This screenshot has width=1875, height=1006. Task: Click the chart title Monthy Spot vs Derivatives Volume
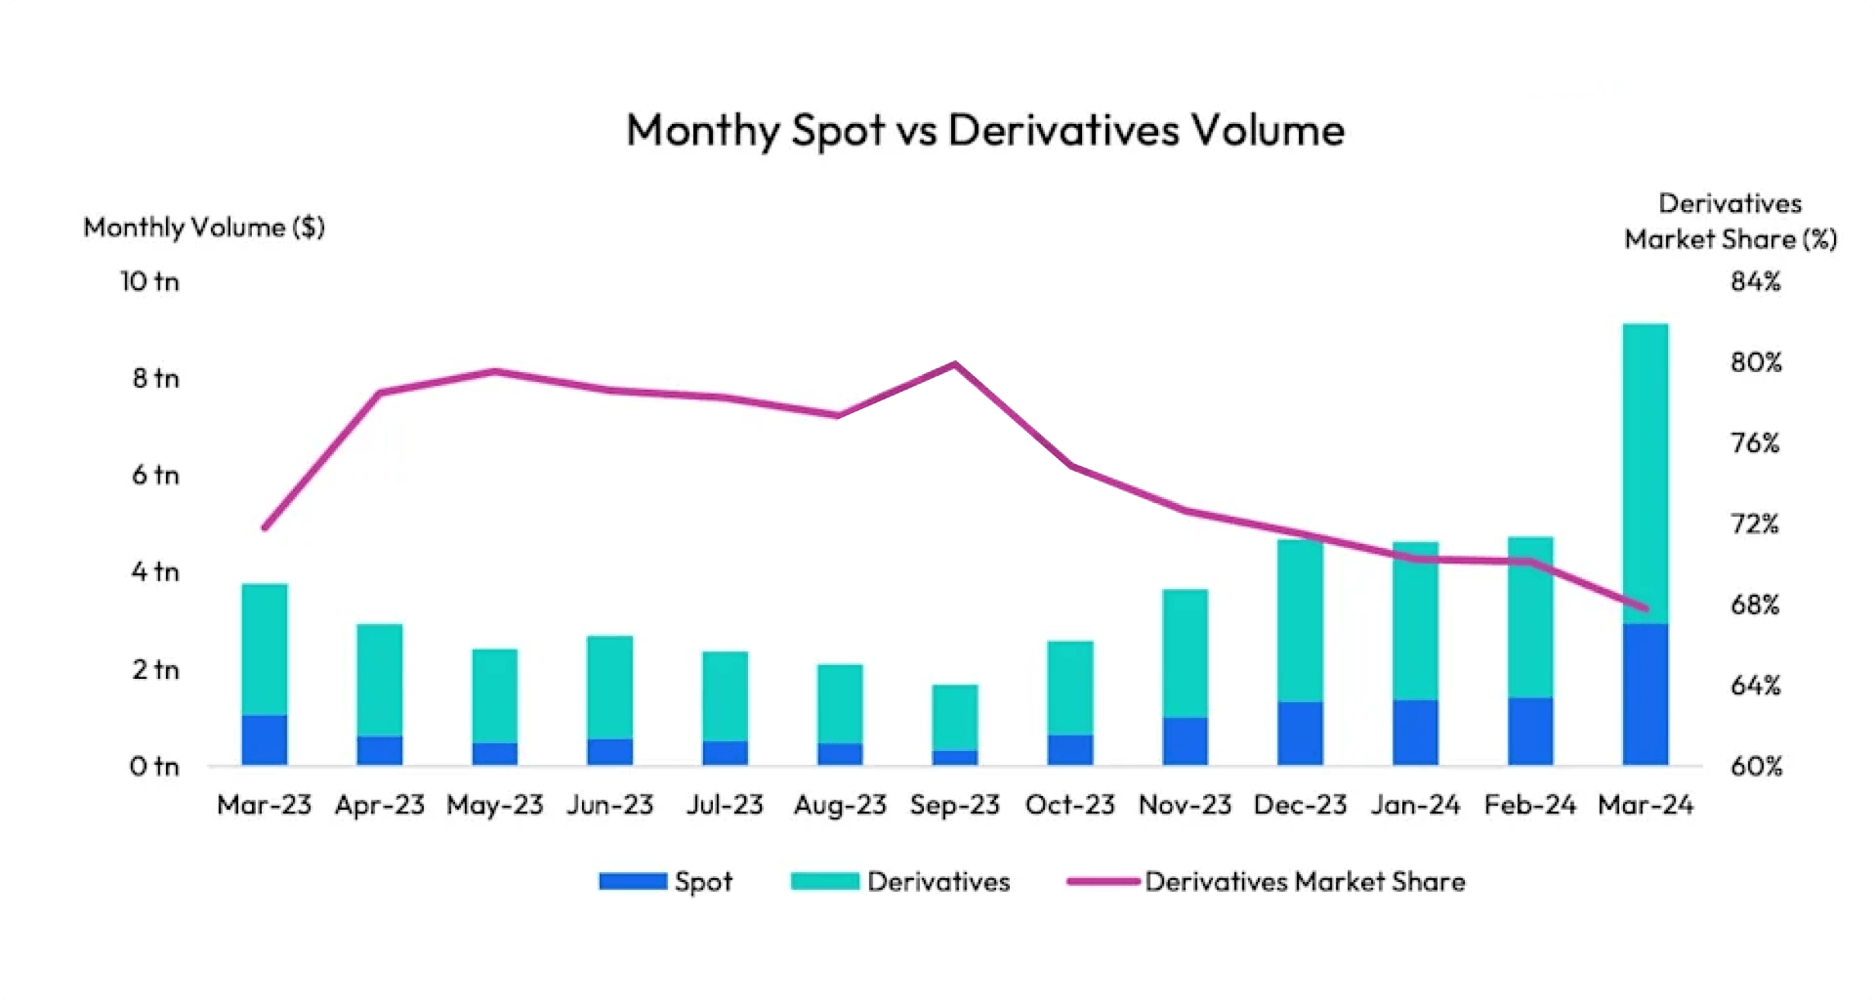pyautogui.click(x=984, y=130)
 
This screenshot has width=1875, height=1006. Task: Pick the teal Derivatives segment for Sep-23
pyautogui.click(x=955, y=717)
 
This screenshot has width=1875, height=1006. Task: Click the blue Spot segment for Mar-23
pyautogui.click(x=265, y=739)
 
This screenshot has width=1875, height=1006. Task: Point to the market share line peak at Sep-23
pyautogui.click(x=955, y=364)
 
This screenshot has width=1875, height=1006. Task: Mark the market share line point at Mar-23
pyautogui.click(x=265, y=527)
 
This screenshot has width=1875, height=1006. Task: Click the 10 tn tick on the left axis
pyautogui.click(x=149, y=281)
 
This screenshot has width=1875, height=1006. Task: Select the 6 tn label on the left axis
pyautogui.click(x=155, y=475)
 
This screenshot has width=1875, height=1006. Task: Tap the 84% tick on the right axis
pyautogui.click(x=1755, y=281)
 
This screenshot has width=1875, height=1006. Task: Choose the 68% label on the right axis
pyautogui.click(x=1755, y=605)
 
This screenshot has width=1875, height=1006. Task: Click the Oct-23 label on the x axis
pyautogui.click(x=1069, y=805)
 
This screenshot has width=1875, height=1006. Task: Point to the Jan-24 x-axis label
pyautogui.click(x=1415, y=805)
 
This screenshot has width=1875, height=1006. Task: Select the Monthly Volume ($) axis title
pyautogui.click(x=203, y=228)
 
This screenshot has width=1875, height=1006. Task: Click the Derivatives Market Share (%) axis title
pyautogui.click(x=1730, y=222)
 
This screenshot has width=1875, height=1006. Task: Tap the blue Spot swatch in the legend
pyautogui.click(x=633, y=881)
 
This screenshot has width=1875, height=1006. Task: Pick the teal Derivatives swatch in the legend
pyautogui.click(x=824, y=881)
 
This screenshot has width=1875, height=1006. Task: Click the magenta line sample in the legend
pyautogui.click(x=1104, y=881)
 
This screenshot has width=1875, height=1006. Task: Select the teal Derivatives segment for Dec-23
pyautogui.click(x=1300, y=620)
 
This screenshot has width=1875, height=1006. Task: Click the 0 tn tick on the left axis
pyautogui.click(x=154, y=767)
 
